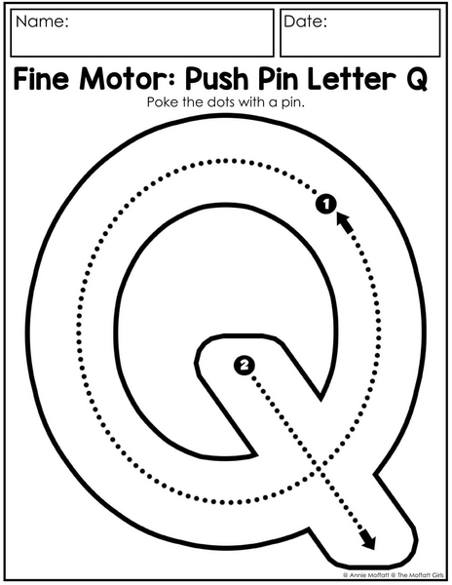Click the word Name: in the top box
click(x=42, y=21)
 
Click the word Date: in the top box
click(x=305, y=21)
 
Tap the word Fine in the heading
click(x=41, y=79)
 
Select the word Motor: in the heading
click(x=130, y=79)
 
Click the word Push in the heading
click(x=217, y=80)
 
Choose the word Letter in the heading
click(x=352, y=79)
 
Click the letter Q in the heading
click(x=416, y=80)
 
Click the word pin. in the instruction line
click(x=292, y=102)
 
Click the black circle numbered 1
click(x=326, y=204)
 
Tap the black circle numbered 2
click(x=245, y=365)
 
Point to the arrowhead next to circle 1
click(x=345, y=222)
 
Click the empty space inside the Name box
click(x=142, y=41)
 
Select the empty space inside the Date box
click(x=360, y=41)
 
